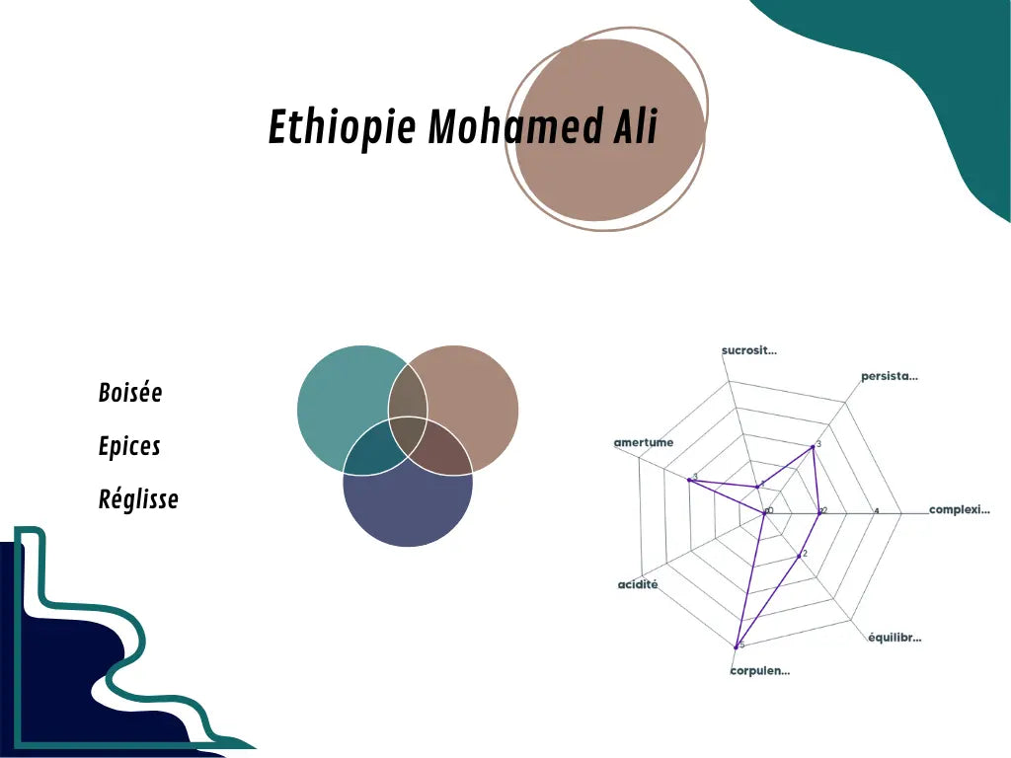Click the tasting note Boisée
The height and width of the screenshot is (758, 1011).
(x=130, y=393)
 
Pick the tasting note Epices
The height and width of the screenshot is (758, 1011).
(x=129, y=446)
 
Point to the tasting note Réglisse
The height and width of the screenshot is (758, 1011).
(x=138, y=499)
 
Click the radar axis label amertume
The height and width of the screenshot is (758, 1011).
(x=644, y=442)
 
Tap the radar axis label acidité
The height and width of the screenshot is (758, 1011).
(x=638, y=585)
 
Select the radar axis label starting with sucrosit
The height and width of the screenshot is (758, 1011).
(x=748, y=350)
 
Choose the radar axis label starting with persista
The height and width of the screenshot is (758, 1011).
(x=890, y=376)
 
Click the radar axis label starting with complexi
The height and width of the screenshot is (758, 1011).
(x=959, y=510)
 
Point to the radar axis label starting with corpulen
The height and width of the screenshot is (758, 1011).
(x=759, y=671)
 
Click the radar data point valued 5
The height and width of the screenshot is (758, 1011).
(x=737, y=646)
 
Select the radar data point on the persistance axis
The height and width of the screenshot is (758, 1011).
(x=814, y=446)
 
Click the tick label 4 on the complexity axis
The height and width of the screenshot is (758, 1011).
(x=877, y=510)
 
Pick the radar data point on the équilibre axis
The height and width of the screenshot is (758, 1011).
(x=798, y=557)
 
